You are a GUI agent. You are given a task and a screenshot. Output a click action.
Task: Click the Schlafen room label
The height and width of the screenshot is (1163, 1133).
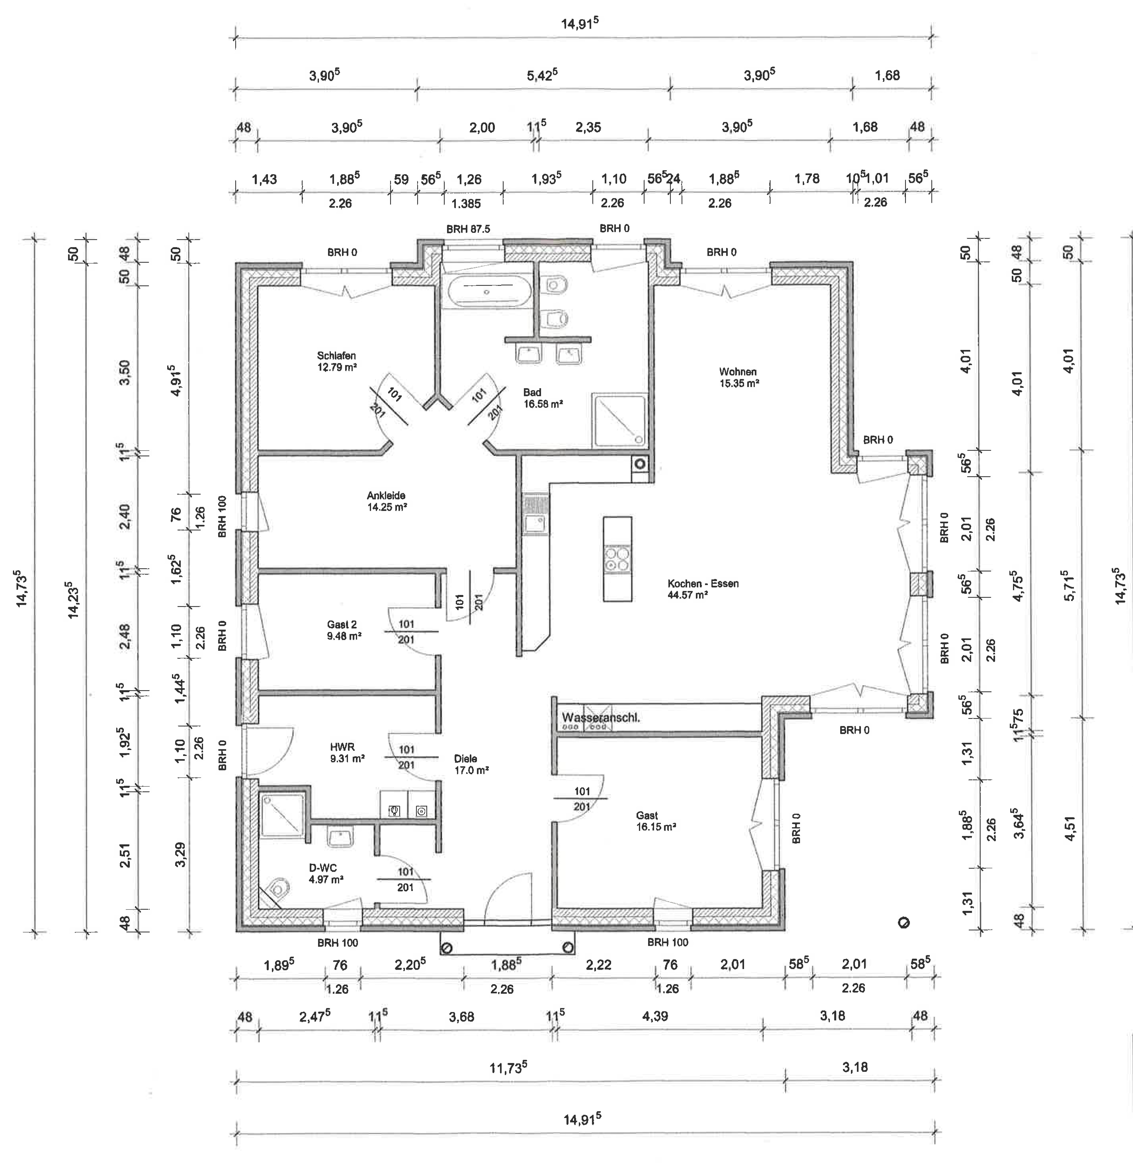337,355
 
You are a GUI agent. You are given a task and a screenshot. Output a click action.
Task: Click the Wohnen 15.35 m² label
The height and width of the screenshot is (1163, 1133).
738,378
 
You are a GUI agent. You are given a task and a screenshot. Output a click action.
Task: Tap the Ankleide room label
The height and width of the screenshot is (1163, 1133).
386,496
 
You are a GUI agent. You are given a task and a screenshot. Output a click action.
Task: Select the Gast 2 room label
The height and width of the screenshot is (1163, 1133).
342,625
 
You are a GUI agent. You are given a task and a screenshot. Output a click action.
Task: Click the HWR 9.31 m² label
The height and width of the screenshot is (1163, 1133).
347,753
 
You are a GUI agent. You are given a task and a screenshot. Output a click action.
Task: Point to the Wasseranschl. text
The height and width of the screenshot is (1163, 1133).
600,717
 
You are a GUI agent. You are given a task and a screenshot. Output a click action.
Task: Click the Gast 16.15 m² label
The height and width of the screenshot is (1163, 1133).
656,820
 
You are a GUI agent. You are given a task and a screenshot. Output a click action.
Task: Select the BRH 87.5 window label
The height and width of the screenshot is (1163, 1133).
468,229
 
